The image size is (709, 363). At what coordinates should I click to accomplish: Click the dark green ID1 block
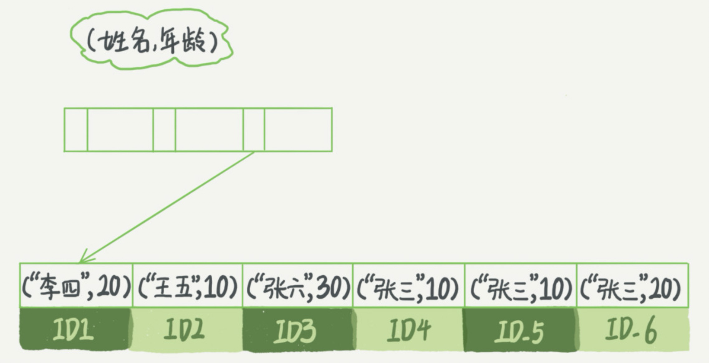tap(75, 329)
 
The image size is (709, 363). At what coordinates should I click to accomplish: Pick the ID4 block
tap(408, 329)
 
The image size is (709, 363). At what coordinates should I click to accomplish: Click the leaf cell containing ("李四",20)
tap(76, 286)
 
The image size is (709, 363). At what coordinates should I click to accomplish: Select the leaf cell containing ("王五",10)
tap(187, 286)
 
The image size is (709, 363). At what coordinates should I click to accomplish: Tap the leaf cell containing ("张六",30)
tap(297, 286)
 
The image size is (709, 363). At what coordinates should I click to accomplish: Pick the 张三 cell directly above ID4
tap(408, 286)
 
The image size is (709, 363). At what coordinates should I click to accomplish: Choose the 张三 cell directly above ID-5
tap(520, 286)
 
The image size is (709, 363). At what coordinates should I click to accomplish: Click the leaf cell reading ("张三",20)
tap(632, 286)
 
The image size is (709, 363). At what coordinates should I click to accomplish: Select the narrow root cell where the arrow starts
tap(254, 130)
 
